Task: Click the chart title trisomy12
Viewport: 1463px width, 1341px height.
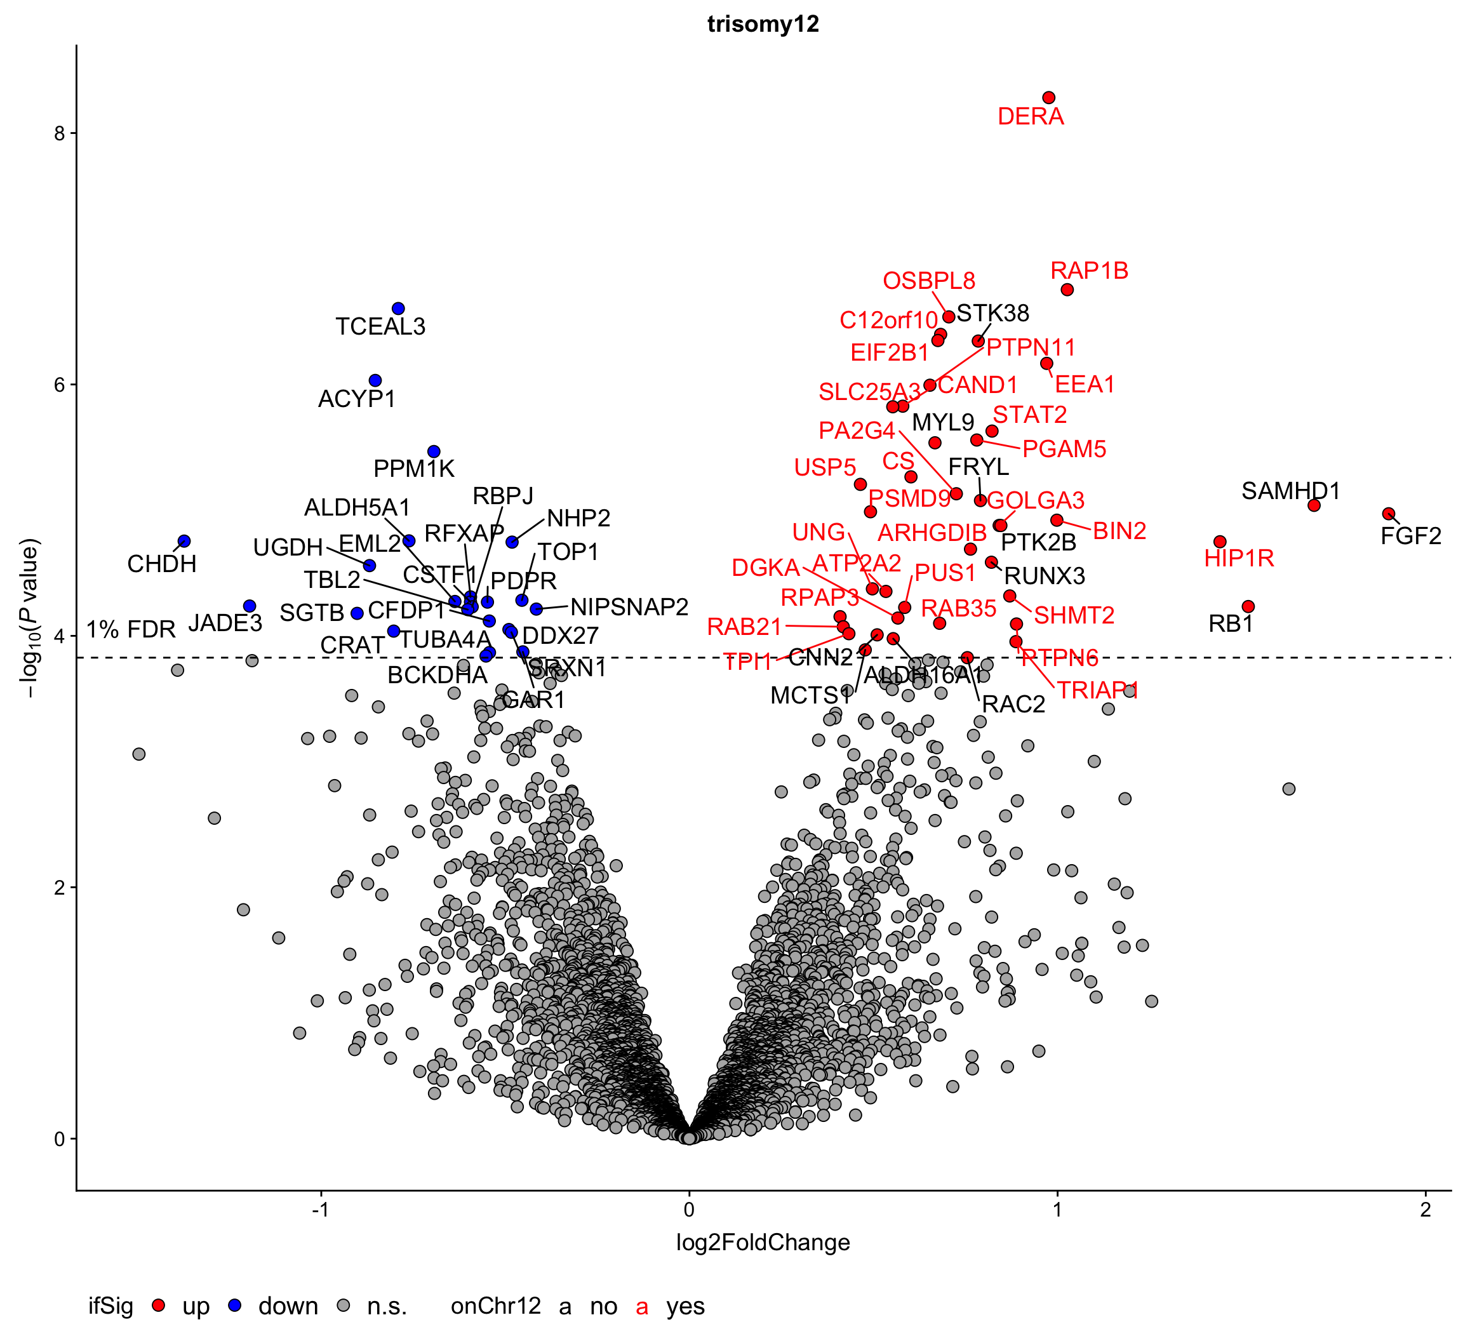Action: coord(763,24)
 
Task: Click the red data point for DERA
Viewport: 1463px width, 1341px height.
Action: coord(1048,97)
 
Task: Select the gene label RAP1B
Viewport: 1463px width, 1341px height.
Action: coord(1088,270)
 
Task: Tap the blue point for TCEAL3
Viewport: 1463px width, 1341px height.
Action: coord(397,309)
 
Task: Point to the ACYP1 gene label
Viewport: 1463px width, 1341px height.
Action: coord(356,398)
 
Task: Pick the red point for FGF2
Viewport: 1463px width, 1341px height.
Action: coord(1388,513)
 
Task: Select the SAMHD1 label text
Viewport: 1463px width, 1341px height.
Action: coord(1290,491)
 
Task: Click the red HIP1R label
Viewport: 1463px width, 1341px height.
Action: coord(1239,558)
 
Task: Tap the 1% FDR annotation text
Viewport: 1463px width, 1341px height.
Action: coord(131,629)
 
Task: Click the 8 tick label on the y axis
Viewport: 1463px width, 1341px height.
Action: coord(60,133)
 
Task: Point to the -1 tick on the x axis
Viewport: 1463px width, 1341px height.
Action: coord(321,1210)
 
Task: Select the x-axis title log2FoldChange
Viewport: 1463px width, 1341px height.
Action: coord(763,1243)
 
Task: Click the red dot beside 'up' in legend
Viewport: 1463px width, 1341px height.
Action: coord(159,1305)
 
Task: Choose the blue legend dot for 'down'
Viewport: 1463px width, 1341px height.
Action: coord(234,1305)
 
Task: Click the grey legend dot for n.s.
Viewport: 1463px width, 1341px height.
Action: coord(344,1305)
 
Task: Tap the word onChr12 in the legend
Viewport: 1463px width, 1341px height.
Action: coord(496,1305)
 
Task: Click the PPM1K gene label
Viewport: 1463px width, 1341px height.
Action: coord(413,469)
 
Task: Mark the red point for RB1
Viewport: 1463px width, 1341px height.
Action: coord(1248,606)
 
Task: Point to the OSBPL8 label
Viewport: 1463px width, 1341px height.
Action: coord(929,281)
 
